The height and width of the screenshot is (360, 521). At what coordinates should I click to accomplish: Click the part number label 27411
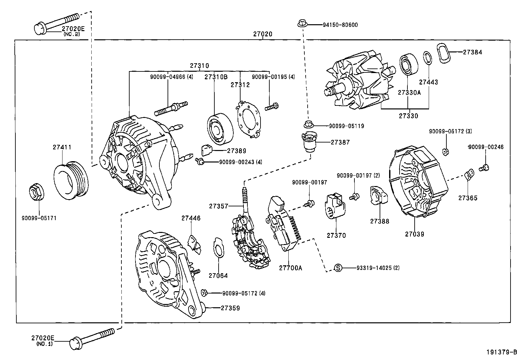coord(62,147)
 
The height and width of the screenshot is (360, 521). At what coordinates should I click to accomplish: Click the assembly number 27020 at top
coord(262,34)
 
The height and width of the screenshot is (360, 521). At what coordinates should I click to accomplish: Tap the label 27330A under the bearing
coord(409,93)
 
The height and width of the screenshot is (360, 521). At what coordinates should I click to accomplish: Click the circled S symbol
coord(338,268)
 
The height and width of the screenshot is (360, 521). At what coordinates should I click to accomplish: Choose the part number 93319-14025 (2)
coord(378,268)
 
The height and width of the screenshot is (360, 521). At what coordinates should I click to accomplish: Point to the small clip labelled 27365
coord(469,173)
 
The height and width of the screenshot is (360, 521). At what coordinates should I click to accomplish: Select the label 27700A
coord(291,268)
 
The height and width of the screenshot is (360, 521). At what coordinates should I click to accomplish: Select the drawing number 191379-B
coord(501,352)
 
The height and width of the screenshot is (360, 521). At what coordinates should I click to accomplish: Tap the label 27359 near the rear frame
coord(230,308)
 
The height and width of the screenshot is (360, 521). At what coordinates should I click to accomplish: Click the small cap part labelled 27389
coord(206,151)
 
